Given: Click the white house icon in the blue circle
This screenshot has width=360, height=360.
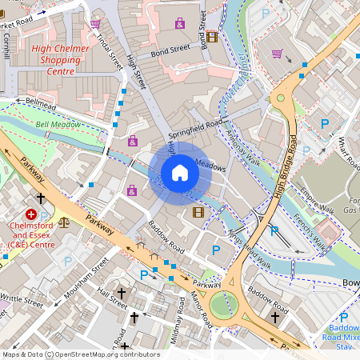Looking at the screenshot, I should coord(180,173).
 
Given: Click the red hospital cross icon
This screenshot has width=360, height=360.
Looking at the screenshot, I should coord(31,214).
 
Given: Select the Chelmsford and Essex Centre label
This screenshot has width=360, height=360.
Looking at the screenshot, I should coord(32,238).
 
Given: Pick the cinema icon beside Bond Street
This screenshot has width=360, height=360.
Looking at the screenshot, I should coord(211,37).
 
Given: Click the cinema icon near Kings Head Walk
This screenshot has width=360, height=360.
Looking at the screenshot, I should coord(198,212).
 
